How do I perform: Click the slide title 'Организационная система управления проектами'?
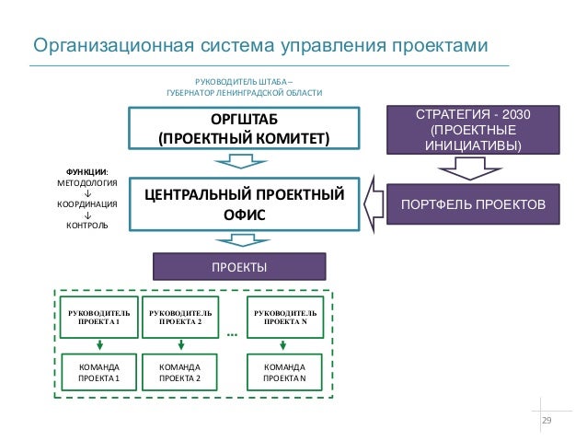pos(257,45)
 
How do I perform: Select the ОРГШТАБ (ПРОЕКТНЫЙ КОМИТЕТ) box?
pos(243,130)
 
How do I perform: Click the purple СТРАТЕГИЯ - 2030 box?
pos(474,130)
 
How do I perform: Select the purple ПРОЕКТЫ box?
pos(239,267)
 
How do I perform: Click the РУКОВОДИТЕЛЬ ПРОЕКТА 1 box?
pos(98,318)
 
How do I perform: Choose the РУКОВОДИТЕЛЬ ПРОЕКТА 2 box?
pos(180,318)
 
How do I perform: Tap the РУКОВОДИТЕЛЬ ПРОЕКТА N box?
pos(285,318)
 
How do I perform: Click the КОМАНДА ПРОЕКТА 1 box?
pos(98,371)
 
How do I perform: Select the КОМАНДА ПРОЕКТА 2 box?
pos(180,371)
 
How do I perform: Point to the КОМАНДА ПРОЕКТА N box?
pos(285,371)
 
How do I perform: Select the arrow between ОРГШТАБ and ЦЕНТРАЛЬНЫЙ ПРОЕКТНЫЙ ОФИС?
pos(240,162)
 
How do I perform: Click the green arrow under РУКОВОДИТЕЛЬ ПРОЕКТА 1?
pos(98,345)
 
